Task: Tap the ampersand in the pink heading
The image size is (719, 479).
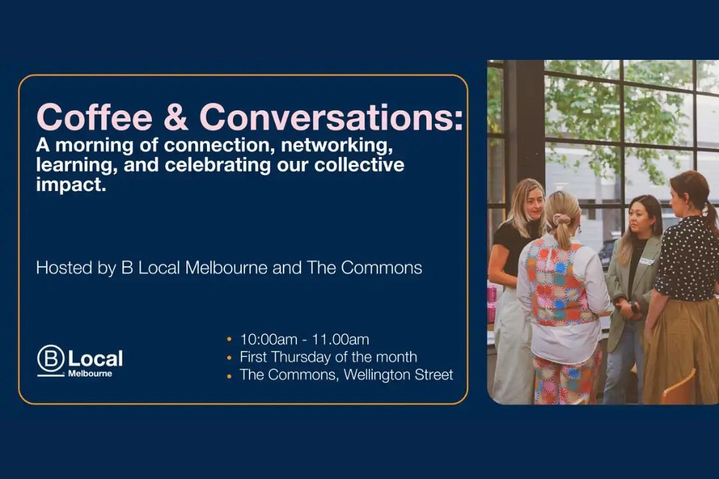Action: [x=175, y=118]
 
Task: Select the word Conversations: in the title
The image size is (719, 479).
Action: [x=331, y=118]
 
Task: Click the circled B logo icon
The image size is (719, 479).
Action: [x=51, y=359]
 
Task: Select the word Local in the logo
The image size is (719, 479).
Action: [x=95, y=359]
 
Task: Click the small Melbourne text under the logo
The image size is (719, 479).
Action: [x=90, y=374]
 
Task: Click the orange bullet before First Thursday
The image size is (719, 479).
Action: [x=230, y=358]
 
